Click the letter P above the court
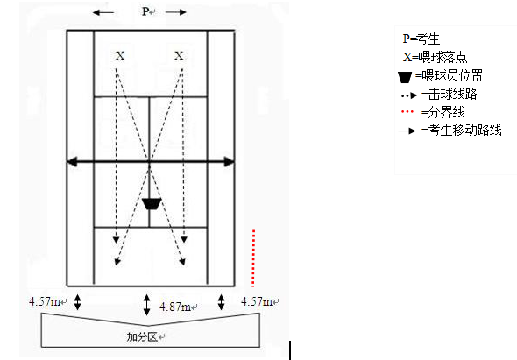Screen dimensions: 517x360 145,11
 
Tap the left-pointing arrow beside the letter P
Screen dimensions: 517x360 103,13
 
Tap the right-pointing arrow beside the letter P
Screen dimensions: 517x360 176,12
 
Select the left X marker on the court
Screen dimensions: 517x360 120,55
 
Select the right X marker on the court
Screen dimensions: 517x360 179,55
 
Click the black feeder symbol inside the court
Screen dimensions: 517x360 152,204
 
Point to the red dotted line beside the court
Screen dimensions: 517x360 253,258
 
